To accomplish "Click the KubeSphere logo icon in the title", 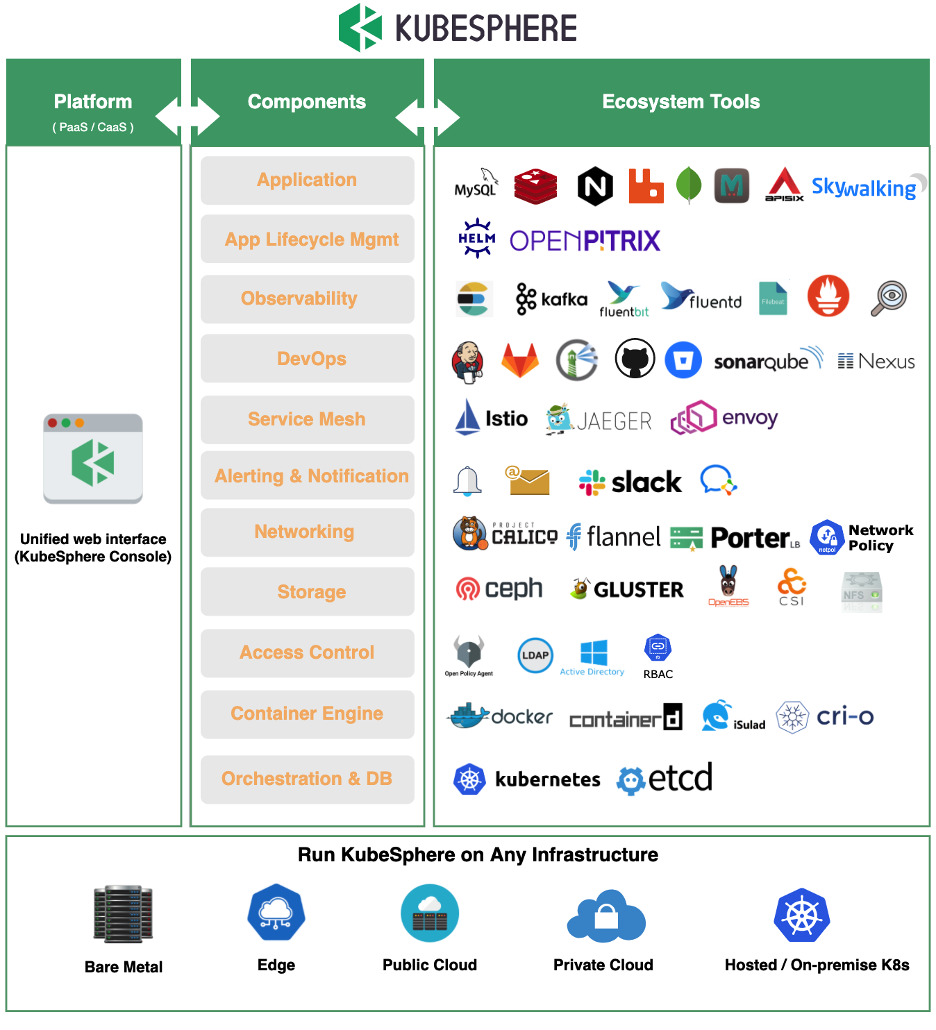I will point(360,28).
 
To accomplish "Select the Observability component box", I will point(307,299).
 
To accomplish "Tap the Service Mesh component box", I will point(307,419).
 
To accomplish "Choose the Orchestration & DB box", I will point(307,779).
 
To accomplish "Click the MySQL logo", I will point(476,184).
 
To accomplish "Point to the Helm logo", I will point(476,238).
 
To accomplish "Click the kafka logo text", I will point(564,299).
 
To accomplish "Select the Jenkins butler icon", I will point(467,361).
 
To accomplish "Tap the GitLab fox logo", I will point(520,360).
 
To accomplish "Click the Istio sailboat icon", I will point(467,417).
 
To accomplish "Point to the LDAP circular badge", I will point(535,655).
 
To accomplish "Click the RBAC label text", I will point(658,674).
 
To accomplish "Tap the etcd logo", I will point(665,778).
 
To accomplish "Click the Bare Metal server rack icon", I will point(124,914).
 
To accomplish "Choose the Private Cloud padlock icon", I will point(606,916).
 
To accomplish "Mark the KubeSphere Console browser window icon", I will point(93,459).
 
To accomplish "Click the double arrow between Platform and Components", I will point(187,116).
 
